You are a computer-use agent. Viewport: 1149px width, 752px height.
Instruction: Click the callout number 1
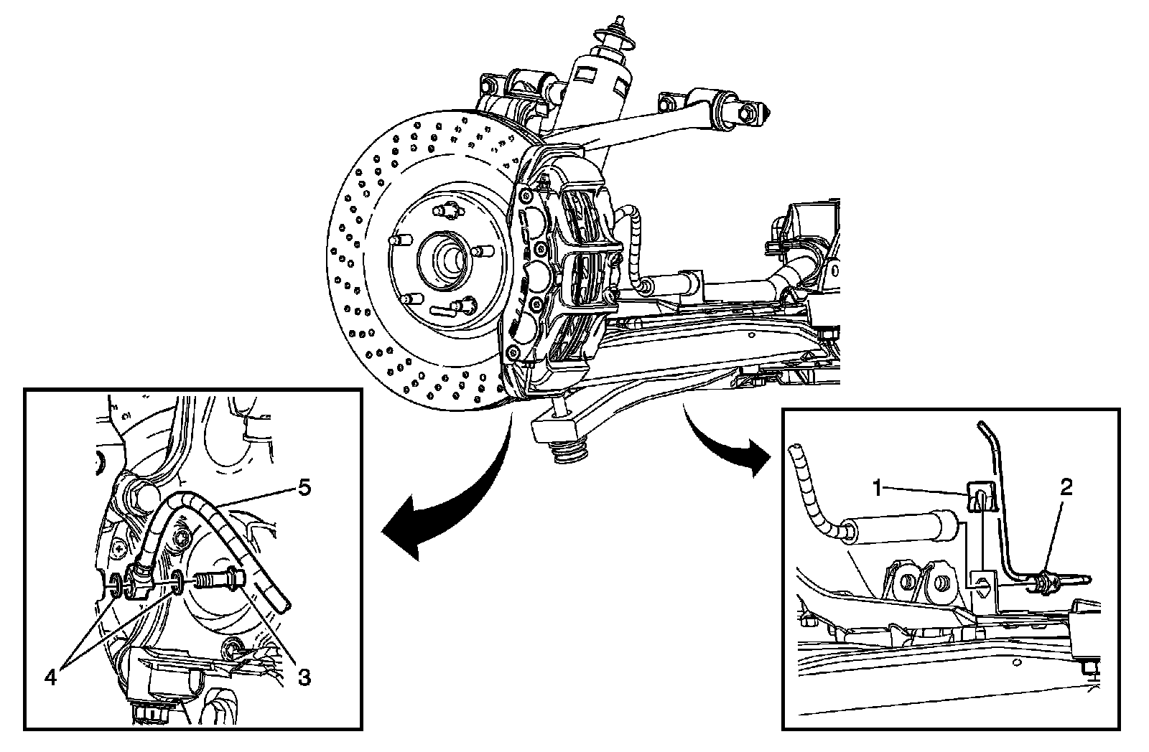pyautogui.click(x=877, y=489)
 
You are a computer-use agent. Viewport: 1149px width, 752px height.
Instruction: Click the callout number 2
pyautogui.click(x=1066, y=487)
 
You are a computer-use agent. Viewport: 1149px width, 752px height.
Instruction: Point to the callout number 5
pyautogui.click(x=304, y=487)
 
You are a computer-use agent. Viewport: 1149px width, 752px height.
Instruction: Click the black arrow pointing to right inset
pyautogui.click(x=725, y=445)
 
